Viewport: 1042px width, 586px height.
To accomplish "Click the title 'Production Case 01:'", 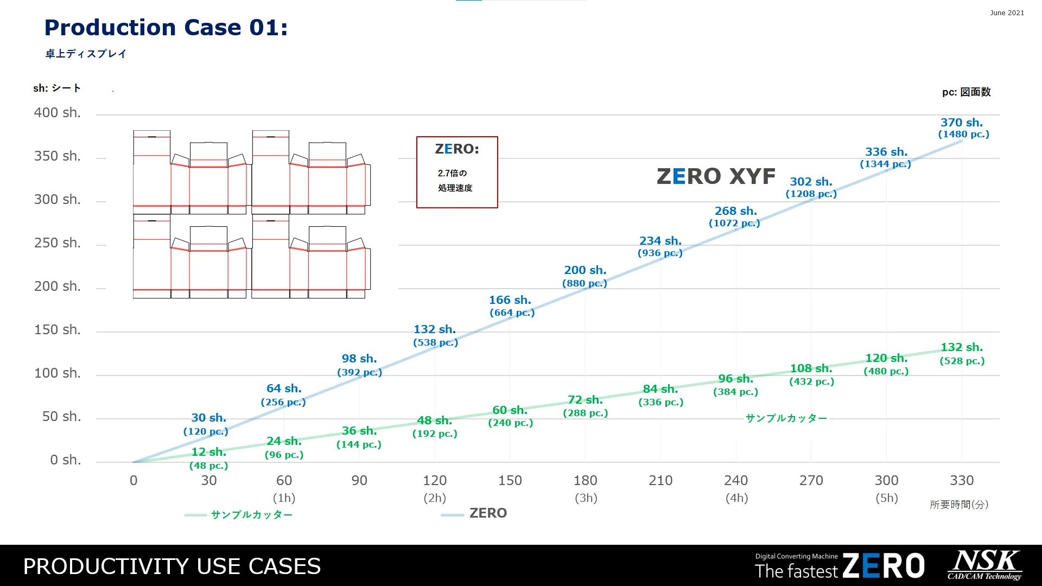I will (x=166, y=28).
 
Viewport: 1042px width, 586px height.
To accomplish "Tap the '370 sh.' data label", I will (x=962, y=123).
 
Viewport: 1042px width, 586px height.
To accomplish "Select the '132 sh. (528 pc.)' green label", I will (x=962, y=353).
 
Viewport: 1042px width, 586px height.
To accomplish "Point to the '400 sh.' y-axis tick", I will (x=57, y=113).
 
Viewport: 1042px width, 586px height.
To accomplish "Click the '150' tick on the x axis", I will (x=510, y=480).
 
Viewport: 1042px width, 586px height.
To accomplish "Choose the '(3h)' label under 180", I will (x=586, y=498).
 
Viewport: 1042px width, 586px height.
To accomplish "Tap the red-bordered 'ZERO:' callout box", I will (x=457, y=172).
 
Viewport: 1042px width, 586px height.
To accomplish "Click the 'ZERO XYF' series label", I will (x=716, y=176).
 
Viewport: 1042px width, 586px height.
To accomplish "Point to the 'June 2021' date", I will (x=1007, y=13).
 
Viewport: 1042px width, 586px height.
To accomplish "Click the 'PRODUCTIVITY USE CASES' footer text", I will (x=172, y=566).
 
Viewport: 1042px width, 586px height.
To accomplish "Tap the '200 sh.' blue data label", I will (x=585, y=270).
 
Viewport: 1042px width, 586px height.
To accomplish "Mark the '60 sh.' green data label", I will (x=510, y=410).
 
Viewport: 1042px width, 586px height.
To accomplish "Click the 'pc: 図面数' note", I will (x=966, y=92).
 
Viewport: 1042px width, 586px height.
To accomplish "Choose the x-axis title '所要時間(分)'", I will (x=959, y=505).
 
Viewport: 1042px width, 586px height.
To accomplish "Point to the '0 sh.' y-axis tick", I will (x=65, y=460).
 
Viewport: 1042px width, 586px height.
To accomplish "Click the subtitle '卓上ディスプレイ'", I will (x=86, y=54).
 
